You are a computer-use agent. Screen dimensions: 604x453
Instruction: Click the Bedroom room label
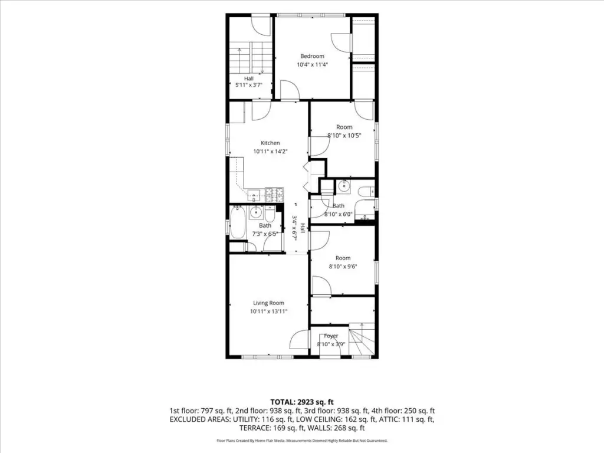tap(312, 56)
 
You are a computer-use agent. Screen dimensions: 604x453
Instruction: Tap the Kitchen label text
tap(270, 143)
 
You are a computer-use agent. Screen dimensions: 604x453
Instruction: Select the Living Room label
tap(268, 303)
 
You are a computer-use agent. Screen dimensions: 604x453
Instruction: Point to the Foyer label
tap(331, 336)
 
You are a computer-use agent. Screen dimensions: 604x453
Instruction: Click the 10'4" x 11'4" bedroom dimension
tap(312, 65)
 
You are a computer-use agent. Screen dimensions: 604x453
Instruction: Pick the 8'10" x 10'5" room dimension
tap(344, 136)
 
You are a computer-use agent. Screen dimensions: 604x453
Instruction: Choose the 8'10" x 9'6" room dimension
tap(343, 266)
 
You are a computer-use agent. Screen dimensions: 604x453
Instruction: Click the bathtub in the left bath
tap(237, 223)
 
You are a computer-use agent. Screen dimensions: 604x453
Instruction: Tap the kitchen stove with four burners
tap(274, 195)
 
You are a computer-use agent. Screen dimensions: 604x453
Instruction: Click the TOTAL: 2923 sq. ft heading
tap(302, 402)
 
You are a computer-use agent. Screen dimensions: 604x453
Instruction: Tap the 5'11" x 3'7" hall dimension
tap(248, 85)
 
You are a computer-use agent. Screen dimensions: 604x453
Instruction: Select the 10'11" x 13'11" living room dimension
tap(268, 311)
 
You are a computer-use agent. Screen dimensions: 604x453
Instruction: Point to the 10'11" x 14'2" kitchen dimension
tap(270, 152)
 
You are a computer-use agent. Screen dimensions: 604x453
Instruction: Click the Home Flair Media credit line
tap(302, 440)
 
